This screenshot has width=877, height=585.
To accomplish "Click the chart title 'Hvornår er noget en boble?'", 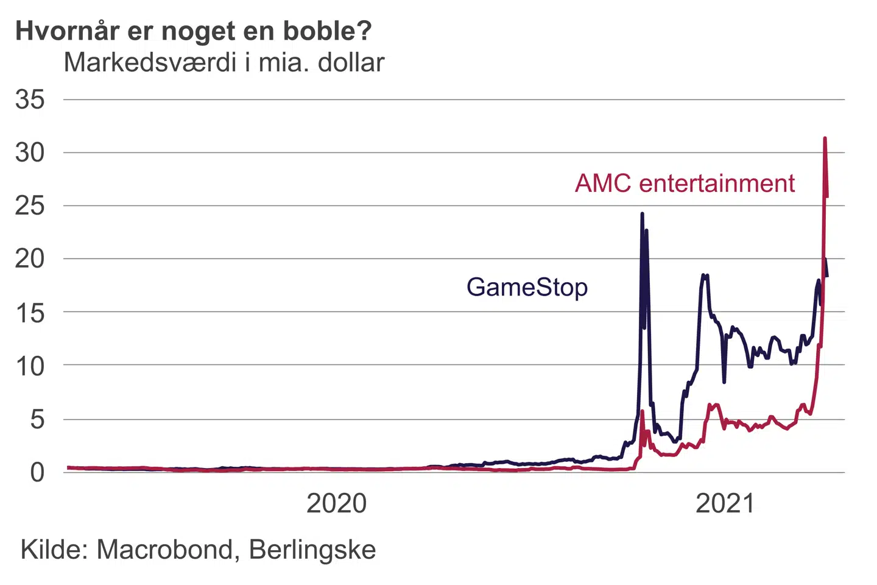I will coord(193,31).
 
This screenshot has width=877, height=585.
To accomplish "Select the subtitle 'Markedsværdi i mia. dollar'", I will coord(224,63).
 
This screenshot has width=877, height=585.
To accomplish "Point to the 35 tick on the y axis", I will coord(30,99).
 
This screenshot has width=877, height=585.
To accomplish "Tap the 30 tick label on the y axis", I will coord(30,152).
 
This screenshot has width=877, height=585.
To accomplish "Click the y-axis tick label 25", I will coord(30,206).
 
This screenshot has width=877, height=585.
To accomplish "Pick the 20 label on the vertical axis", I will coord(30,259).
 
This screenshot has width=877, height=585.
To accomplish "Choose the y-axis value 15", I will coord(30,313).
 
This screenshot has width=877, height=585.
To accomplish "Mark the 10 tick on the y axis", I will coord(30,366).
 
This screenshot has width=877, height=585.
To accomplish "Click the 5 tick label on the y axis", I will coord(37,419).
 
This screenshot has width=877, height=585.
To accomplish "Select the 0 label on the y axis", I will coord(37,472).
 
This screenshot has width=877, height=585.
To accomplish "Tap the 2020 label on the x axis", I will coord(336,504).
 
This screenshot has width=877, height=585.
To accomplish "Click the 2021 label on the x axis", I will coord(725,504).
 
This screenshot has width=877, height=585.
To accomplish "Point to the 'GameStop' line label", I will coord(527,287).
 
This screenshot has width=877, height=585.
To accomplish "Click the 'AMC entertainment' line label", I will coord(685,183).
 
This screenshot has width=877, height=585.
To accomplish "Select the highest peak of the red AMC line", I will coord(825,139).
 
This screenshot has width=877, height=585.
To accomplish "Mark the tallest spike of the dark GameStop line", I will coord(642,214).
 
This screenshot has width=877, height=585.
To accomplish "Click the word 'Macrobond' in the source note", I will coord(164,550).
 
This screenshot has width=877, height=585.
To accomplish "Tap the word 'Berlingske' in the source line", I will coord(312,550).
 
